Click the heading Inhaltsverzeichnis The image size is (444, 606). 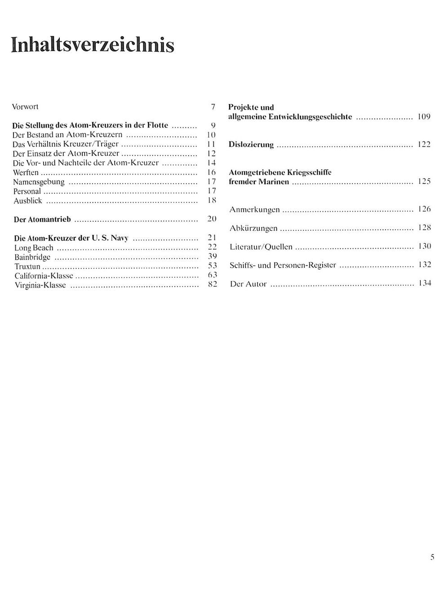pyautogui.click(x=93, y=45)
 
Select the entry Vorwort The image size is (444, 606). pyautogui.click(x=25, y=107)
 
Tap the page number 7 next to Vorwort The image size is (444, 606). pyautogui.click(x=213, y=107)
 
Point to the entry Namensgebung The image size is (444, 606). pyautogui.click(x=39, y=182)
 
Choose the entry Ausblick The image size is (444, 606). pyautogui.click(x=27, y=201)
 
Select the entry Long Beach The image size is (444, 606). pyautogui.click(x=34, y=248)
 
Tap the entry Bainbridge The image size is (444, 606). pyautogui.click(x=32, y=257)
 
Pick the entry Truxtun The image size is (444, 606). pyautogui.click(x=27, y=267)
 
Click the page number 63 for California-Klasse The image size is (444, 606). pyautogui.click(x=213, y=275)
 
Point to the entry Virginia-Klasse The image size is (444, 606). pyautogui.click(x=40, y=285)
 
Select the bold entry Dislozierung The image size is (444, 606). pyautogui.click(x=251, y=145)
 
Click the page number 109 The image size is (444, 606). pyautogui.click(x=424, y=117)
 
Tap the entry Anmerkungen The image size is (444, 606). pyautogui.click(x=254, y=210)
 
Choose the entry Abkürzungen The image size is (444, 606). pyautogui.click(x=253, y=228)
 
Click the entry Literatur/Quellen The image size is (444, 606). pyautogui.click(x=261, y=247)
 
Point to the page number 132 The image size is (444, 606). pyautogui.click(x=424, y=265)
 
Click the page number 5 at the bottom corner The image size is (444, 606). pyautogui.click(x=432, y=558)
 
